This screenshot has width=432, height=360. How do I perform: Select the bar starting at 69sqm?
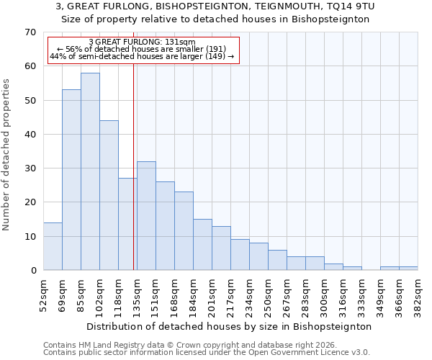71,180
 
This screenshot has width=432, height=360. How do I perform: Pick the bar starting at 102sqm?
109,195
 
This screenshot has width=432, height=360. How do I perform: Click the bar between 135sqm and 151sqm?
146,216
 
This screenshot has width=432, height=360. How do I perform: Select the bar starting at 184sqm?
202,245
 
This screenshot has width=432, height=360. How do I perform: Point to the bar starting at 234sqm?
258,256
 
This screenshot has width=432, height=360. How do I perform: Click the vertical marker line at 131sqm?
134,166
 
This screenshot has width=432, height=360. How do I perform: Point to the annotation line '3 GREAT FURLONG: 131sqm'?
142,42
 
